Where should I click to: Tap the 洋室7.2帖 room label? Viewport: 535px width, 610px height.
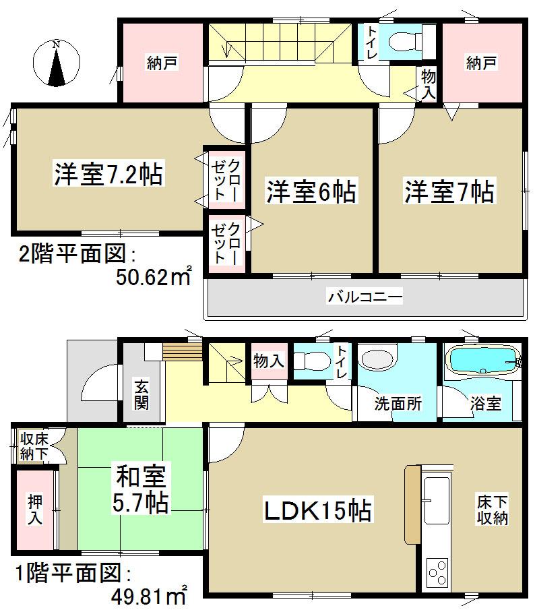coord(108,174)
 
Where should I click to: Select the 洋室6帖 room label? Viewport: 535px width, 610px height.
coord(311,191)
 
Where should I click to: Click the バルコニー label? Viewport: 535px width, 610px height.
coord(365,297)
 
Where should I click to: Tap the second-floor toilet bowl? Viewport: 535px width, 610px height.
coord(405,40)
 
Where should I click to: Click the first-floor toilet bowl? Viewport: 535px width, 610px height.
coord(311,361)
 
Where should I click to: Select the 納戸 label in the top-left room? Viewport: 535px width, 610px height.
coord(162,63)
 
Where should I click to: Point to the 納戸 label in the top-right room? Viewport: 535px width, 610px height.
coord(481,63)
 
